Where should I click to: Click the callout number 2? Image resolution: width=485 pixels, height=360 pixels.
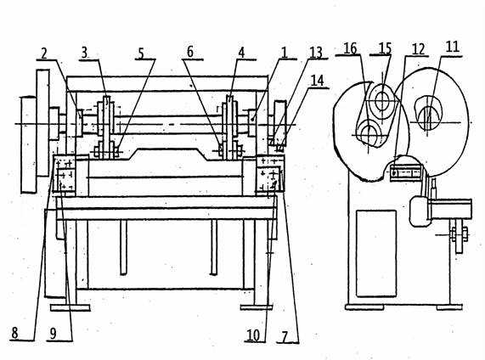click(44, 53)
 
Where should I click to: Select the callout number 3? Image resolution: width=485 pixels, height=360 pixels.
click(84, 53)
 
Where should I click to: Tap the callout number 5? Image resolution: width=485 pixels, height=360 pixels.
click(141, 53)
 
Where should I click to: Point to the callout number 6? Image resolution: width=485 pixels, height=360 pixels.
click(190, 52)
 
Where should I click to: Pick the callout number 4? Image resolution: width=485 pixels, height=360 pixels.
click(241, 53)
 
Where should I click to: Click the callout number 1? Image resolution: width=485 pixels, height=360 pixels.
click(284, 53)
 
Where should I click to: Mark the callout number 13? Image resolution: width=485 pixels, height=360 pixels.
click(316, 53)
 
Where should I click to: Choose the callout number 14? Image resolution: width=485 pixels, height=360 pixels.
click(317, 81)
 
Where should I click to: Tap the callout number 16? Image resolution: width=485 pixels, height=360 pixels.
click(350, 48)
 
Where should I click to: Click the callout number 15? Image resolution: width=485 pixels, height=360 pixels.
click(385, 48)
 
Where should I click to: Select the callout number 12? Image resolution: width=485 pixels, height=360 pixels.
click(418, 49)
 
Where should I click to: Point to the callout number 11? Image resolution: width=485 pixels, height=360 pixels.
click(452, 47)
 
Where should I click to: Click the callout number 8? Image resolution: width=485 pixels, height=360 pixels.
click(14, 333)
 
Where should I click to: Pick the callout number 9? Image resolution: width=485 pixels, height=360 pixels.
click(53, 334)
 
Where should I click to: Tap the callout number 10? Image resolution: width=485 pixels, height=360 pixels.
click(253, 335)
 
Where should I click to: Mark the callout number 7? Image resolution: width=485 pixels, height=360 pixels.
click(285, 336)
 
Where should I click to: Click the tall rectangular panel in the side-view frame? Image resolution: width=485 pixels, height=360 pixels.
click(376, 253)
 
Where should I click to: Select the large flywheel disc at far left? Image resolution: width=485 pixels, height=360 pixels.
click(42, 123)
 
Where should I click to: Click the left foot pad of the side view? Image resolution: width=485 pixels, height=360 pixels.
click(364, 307)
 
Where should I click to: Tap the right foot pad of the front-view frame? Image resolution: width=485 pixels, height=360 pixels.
click(257, 307)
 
